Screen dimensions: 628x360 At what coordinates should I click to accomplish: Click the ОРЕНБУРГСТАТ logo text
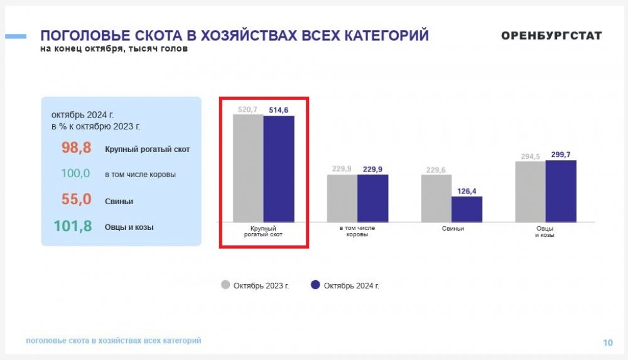(551, 36)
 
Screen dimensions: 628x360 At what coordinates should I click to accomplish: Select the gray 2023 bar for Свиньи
(436, 198)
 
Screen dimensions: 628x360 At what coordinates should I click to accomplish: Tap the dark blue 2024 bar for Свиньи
(467, 209)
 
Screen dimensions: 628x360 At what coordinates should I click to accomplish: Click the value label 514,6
(278, 110)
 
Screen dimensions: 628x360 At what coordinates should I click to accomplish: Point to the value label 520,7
(247, 109)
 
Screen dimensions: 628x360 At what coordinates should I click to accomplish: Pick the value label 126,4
(467, 191)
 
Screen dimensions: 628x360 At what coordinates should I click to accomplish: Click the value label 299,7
(561, 155)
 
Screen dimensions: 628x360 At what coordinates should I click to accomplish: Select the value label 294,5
(530, 156)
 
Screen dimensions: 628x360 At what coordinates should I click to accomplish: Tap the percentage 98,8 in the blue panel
(76, 148)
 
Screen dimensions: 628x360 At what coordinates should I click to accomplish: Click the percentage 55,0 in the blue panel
(76, 199)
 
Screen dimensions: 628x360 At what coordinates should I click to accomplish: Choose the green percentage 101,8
(72, 226)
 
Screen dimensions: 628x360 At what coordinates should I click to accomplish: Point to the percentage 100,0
(75, 173)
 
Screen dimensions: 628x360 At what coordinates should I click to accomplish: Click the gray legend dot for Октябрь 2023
(225, 285)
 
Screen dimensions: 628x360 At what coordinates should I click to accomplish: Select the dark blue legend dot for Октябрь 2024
(315, 285)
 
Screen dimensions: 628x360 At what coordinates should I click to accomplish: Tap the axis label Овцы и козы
(544, 231)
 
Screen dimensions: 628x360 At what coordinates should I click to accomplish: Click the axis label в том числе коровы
(357, 231)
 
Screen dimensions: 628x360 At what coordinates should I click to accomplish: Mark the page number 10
(608, 343)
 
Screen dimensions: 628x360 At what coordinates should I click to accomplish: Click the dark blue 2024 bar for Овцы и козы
(561, 191)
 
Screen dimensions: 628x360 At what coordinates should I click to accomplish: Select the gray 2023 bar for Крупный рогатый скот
(248, 168)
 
